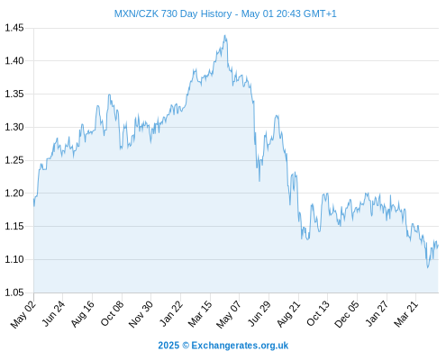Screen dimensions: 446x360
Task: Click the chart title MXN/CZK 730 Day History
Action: [x=173, y=13]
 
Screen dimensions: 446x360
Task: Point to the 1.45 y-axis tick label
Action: [x=14, y=28]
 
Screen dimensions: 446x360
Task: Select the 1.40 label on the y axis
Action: [x=14, y=61]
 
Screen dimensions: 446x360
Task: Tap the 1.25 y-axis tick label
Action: [x=14, y=160]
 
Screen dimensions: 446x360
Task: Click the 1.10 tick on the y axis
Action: [x=14, y=259]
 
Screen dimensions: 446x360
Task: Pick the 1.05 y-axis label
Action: [x=14, y=292]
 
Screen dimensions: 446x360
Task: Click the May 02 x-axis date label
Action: [x=23, y=314]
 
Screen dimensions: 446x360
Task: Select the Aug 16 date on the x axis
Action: [x=83, y=314]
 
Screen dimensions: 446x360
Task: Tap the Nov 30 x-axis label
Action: [x=141, y=314]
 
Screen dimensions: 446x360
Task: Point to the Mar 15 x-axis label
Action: [x=200, y=314]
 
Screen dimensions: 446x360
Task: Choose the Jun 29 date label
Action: [x=259, y=314]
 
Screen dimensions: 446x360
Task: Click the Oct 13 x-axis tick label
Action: [x=318, y=314]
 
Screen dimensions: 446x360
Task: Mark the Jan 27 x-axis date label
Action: [x=377, y=314]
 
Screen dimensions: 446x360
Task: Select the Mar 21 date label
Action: [x=406, y=314]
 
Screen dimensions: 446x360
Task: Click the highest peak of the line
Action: [x=224, y=35]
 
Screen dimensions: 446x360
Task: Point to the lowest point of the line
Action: [x=428, y=267]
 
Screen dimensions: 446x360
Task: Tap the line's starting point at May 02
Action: [x=34, y=199]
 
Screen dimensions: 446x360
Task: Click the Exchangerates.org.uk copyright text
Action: [x=240, y=346]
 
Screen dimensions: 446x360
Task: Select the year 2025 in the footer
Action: [x=168, y=346]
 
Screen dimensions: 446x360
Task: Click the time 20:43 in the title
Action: [x=288, y=13]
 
